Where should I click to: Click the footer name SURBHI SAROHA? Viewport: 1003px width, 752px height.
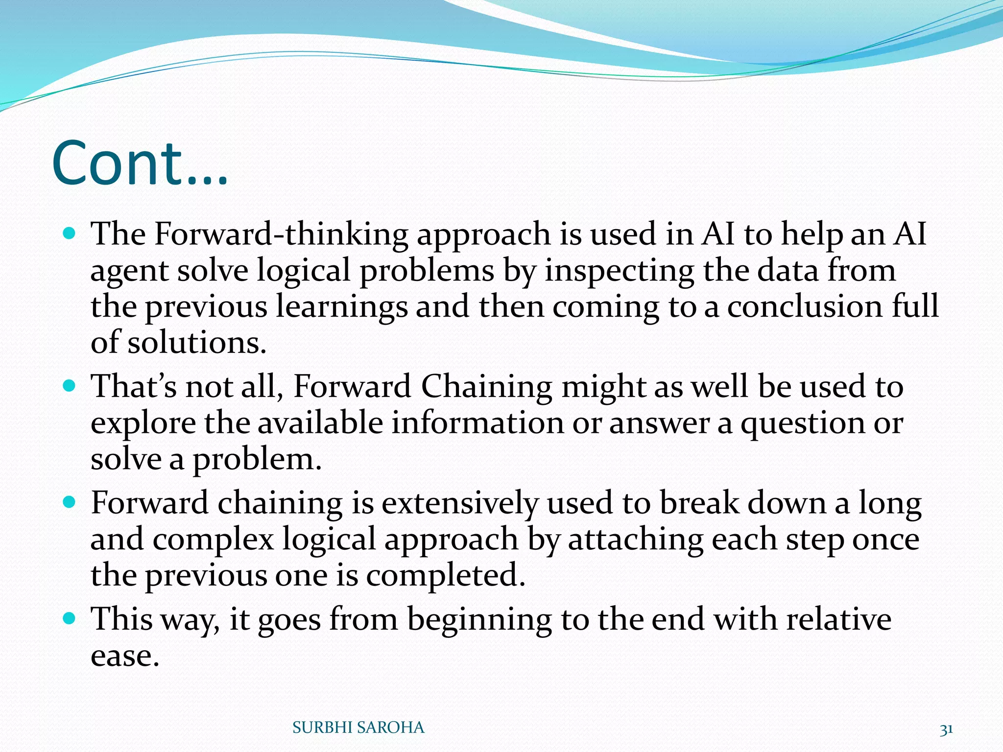point(358,728)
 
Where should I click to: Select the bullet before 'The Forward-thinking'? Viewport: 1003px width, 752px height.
point(70,232)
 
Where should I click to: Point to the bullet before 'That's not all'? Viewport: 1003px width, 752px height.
point(70,385)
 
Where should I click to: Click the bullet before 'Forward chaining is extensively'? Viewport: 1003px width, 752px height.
point(70,502)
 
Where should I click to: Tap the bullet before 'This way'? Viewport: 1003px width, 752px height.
point(70,618)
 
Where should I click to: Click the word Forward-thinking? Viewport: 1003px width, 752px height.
point(281,234)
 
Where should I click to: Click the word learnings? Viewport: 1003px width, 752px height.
point(341,306)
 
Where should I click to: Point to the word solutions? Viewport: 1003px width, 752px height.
point(197,342)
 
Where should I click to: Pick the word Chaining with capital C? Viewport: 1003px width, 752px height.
point(486,386)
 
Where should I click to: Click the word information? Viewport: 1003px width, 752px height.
point(478,423)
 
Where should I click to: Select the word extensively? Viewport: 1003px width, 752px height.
point(459,503)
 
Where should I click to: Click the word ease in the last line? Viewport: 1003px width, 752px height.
point(125,656)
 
